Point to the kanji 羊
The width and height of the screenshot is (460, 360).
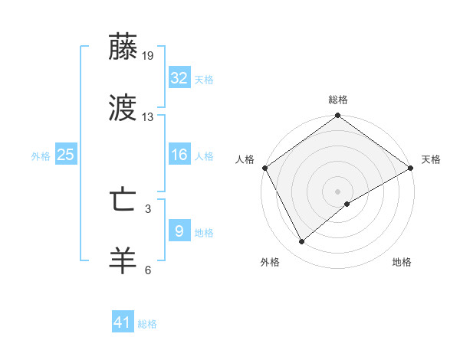coord(123,260)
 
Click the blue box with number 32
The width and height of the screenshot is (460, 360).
coord(179,78)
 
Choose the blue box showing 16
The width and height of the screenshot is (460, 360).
coord(179,155)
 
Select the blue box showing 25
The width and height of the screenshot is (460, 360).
coord(65,155)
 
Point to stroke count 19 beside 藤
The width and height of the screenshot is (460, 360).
coord(148,56)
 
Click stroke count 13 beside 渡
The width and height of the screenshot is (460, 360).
coord(148,117)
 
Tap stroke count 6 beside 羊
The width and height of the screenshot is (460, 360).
coord(148,270)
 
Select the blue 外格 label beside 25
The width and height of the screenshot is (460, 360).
coord(41,156)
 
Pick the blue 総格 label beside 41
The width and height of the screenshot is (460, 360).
coord(147,324)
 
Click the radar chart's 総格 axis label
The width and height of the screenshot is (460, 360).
coord(337,100)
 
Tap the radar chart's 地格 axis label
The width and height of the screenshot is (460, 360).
coord(402,262)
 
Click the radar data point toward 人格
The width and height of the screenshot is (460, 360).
coord(264,168)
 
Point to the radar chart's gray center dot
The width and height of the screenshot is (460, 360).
coord(337,191)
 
